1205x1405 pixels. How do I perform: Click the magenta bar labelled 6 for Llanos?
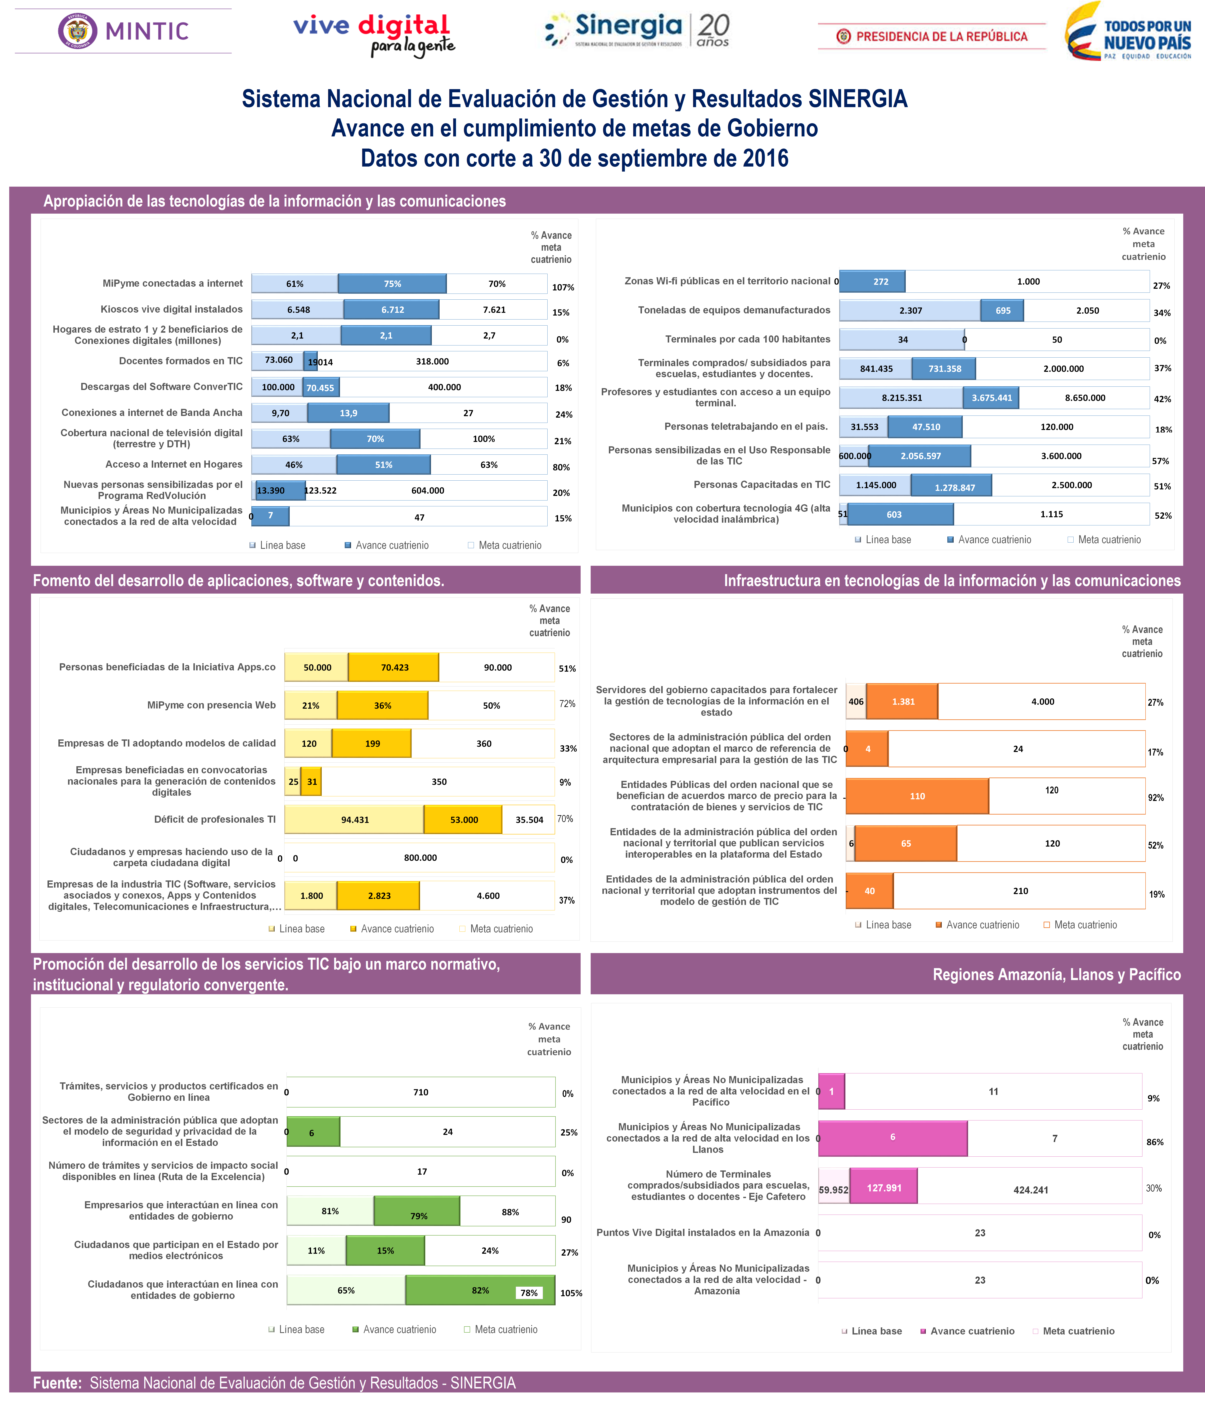892,1137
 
